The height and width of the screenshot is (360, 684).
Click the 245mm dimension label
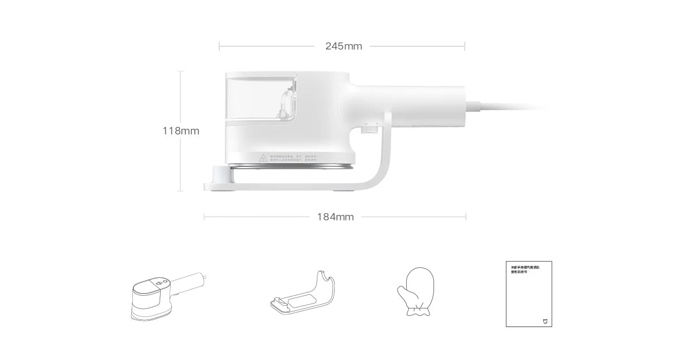coord(343,46)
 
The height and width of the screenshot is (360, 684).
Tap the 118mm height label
coord(180,131)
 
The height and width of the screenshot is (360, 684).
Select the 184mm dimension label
coord(335,217)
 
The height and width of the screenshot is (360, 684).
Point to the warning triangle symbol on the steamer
coord(264,159)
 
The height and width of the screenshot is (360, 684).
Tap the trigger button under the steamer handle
coord(368,130)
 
